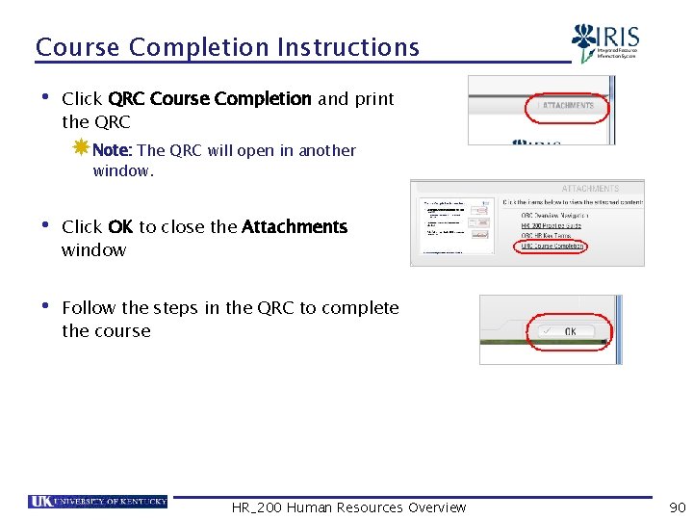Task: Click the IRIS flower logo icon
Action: [583, 42]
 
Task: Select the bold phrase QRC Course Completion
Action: [210, 99]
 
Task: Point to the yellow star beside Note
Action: [81, 148]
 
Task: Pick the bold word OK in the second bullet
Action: [120, 227]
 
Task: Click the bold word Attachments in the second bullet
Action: [294, 227]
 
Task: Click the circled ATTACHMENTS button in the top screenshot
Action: [567, 106]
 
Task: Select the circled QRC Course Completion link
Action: [552, 247]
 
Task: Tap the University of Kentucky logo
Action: [98, 502]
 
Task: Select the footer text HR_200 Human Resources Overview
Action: [348, 507]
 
